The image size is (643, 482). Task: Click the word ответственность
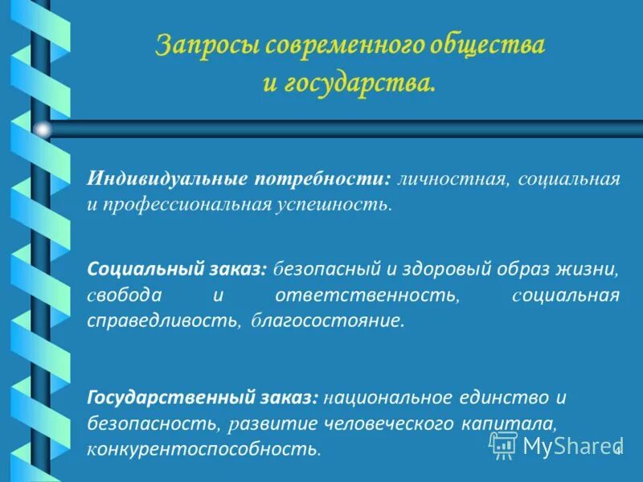point(366,296)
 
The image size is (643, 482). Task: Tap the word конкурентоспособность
point(204,448)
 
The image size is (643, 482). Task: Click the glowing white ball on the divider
point(43,129)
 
